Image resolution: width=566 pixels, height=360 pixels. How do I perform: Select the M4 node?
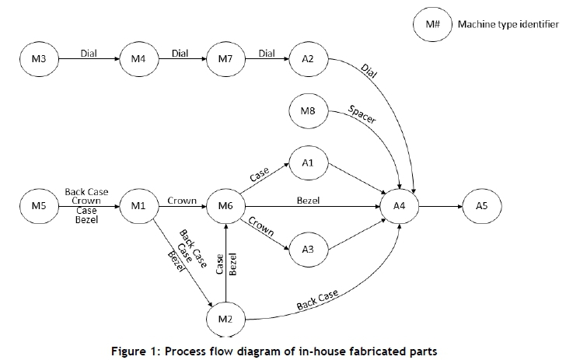138,58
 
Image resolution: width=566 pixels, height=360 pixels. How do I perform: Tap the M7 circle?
225,58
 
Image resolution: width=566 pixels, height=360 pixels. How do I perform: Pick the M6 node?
225,206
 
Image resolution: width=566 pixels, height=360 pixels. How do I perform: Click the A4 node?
400,206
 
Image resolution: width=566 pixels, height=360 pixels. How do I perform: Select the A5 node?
483,206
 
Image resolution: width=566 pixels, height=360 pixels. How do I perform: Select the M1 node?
138,206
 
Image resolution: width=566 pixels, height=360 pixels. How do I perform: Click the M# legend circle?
431,24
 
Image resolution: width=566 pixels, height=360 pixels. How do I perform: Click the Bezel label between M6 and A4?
308,200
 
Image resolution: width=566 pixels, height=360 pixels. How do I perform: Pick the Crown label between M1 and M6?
181,200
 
